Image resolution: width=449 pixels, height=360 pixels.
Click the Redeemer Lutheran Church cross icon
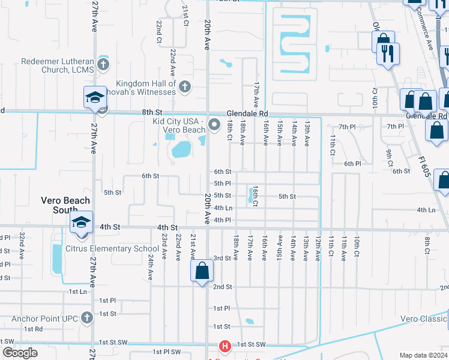(103, 63)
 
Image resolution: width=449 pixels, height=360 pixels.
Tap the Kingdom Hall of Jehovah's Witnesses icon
(185, 87)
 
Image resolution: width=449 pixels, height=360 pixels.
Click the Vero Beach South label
(65, 205)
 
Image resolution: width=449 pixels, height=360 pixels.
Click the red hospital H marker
(224, 346)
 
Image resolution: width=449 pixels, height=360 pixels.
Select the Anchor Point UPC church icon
(88, 317)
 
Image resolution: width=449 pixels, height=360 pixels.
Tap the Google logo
(20, 353)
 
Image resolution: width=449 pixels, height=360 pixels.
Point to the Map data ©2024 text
(423, 355)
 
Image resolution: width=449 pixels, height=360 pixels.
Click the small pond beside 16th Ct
(250, 194)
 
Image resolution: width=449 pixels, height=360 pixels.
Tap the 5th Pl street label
(222, 184)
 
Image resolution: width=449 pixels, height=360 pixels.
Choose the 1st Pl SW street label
(166, 352)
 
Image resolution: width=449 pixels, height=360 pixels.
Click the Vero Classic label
(424, 319)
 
